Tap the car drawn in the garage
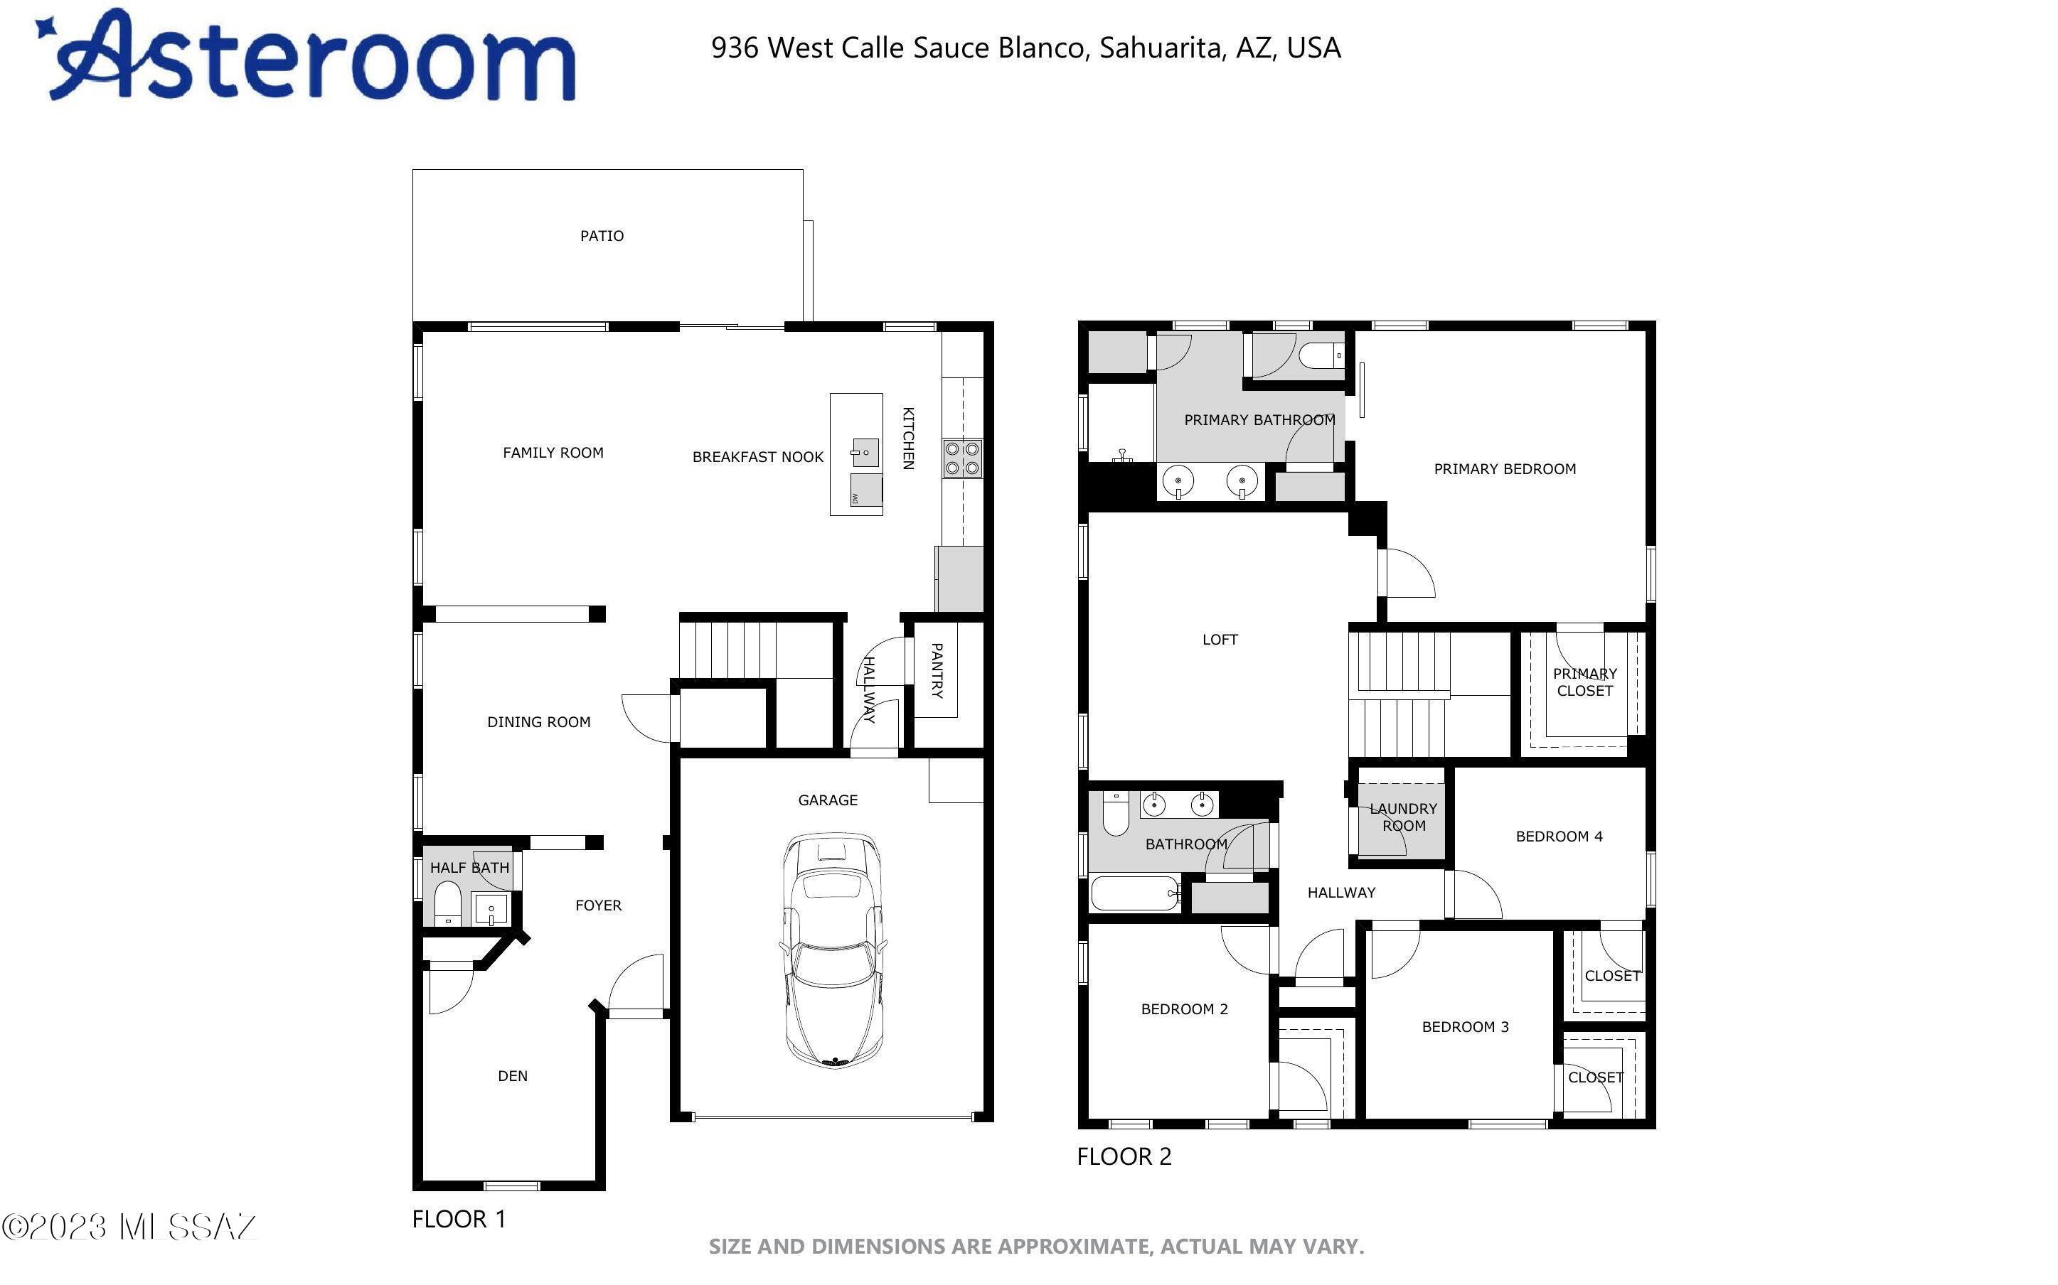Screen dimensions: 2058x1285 point(833,950)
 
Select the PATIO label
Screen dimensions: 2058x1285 point(602,236)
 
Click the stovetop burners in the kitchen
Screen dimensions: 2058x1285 point(962,458)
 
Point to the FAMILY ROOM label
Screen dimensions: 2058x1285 point(553,453)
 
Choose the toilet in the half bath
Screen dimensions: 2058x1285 point(448,903)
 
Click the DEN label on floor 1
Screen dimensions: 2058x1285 point(513,1076)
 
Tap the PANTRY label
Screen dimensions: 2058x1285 point(937,670)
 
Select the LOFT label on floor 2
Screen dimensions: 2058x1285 point(1220,640)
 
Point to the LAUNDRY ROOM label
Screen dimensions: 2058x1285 point(1404,817)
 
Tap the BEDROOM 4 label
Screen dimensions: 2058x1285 point(1559,837)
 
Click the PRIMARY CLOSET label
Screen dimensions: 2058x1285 point(1584,682)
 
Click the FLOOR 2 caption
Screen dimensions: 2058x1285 point(1124,1156)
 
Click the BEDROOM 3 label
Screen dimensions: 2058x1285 point(1466,1026)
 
